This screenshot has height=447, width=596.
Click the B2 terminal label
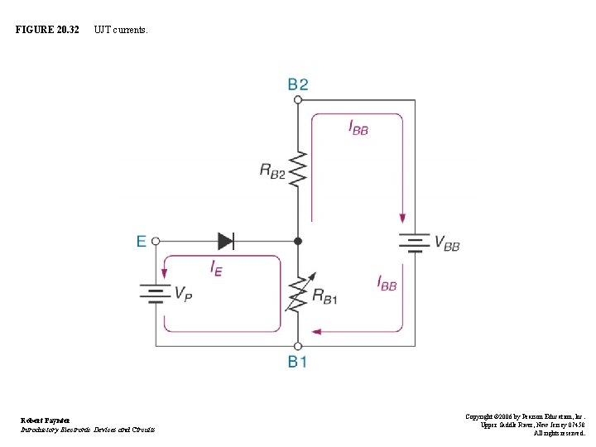click(x=298, y=84)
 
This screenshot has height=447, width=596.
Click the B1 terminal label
click(x=298, y=362)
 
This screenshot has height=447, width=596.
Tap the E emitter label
click(x=142, y=241)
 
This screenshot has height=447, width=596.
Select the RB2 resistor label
click(x=272, y=171)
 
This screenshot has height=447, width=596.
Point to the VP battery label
click(x=184, y=293)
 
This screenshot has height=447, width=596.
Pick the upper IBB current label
click(x=358, y=128)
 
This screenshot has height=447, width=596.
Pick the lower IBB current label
click(x=387, y=284)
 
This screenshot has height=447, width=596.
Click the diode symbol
click(x=226, y=241)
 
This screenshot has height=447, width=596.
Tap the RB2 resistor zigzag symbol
click(x=298, y=170)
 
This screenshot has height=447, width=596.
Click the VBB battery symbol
click(x=415, y=242)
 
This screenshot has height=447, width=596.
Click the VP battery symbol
click(x=156, y=293)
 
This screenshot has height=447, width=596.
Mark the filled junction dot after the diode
click(x=298, y=241)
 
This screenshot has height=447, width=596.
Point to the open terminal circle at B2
click(x=298, y=99)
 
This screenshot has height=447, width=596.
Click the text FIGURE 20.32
click(x=47, y=30)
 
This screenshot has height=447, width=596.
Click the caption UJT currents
click(x=121, y=30)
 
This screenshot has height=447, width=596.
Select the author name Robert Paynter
click(x=46, y=421)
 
